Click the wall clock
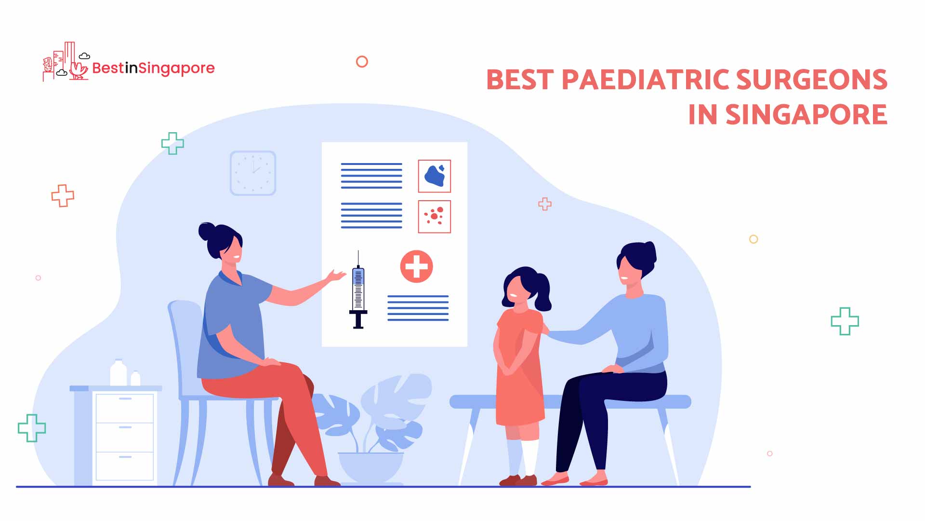coord(253,173)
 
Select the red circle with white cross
coord(417,266)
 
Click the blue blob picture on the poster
coord(435,176)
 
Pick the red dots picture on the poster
coord(435,217)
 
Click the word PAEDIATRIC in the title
coord(646,80)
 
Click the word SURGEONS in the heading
coord(812,80)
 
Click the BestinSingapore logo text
coord(153,69)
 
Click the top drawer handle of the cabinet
coord(125,399)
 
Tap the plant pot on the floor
coord(370,467)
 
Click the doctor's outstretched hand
coord(336,276)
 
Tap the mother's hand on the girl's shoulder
coord(544,329)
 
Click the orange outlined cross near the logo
coord(63,196)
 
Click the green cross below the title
coord(845,321)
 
